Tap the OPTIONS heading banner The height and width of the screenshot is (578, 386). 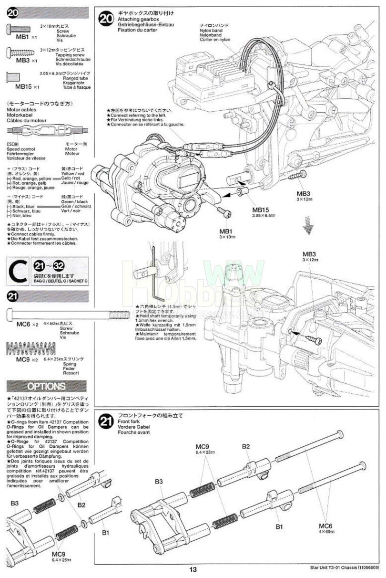click(46, 386)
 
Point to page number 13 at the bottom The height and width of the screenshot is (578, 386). click(193, 569)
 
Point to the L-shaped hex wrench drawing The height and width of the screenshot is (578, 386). click(154, 272)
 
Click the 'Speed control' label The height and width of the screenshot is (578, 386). click(20, 149)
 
